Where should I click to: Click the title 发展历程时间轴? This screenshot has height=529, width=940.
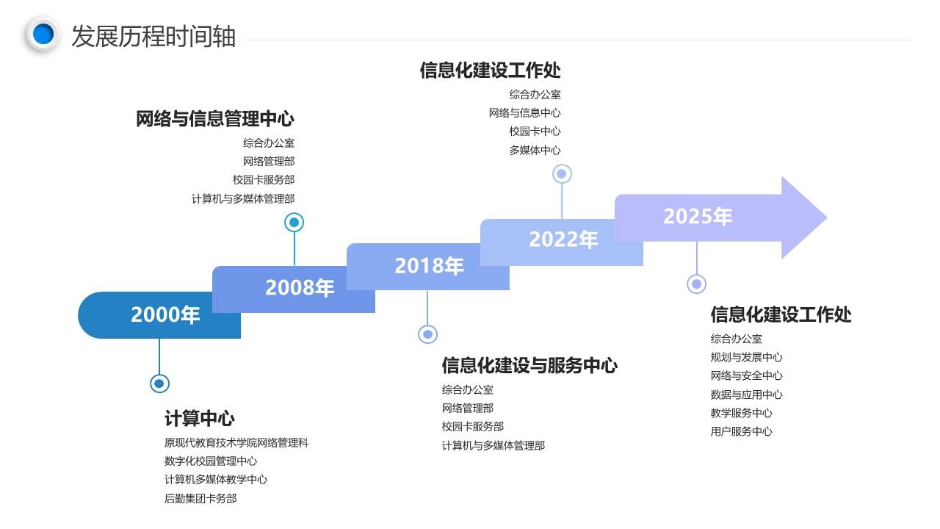pyautogui.click(x=153, y=37)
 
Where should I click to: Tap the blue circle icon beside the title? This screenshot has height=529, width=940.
pyautogui.click(x=43, y=34)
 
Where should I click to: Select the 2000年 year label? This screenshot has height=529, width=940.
pyautogui.click(x=165, y=314)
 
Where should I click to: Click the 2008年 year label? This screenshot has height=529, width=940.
pyautogui.click(x=300, y=287)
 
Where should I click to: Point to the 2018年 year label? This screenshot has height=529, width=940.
pyautogui.click(x=430, y=265)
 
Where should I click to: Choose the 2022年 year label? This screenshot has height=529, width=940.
pyautogui.click(x=563, y=240)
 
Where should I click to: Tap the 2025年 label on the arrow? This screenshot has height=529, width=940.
pyautogui.click(x=698, y=216)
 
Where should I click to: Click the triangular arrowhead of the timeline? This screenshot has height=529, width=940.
pyautogui.click(x=804, y=217)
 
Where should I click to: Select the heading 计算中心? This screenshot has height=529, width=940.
pyautogui.click(x=199, y=418)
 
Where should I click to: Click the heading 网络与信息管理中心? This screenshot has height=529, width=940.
pyautogui.click(x=215, y=118)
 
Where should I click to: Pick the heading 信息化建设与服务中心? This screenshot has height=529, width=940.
pyautogui.click(x=529, y=365)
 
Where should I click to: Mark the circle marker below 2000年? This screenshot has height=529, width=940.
pyautogui.click(x=159, y=384)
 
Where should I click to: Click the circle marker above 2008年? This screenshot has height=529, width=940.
pyautogui.click(x=294, y=222)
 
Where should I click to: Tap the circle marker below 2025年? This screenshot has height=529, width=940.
pyautogui.click(x=697, y=284)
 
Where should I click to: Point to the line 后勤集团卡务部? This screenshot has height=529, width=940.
pyautogui.click(x=200, y=498)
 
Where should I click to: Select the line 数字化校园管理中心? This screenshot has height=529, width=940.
pyautogui.click(x=211, y=461)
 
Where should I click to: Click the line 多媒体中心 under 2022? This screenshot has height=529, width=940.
pyautogui.click(x=535, y=150)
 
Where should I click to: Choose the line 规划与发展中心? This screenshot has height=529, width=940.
pyautogui.click(x=747, y=357)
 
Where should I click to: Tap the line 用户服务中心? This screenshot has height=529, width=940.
pyautogui.click(x=742, y=431)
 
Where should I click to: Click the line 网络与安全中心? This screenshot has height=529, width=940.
pyautogui.click(x=747, y=375)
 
